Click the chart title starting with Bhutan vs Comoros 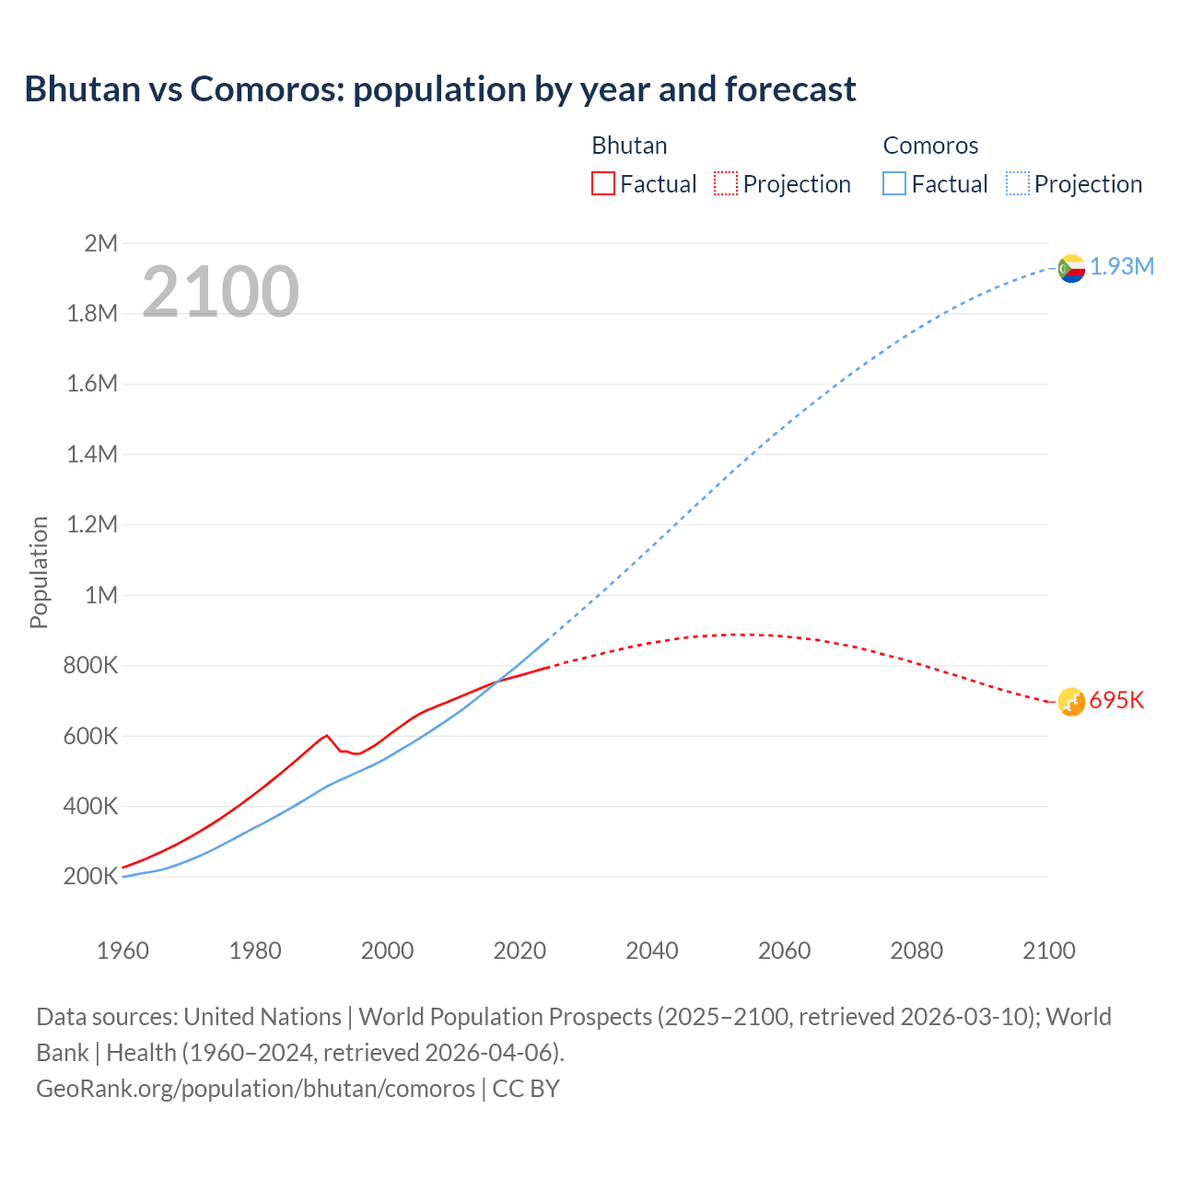[440, 89]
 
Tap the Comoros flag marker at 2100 [1071, 268]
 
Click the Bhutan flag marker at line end [1071, 702]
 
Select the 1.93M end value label [1122, 267]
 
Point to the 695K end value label [1116, 701]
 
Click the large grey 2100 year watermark [220, 292]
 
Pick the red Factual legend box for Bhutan [602, 183]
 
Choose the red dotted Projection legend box [726, 183]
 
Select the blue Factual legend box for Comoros [893, 183]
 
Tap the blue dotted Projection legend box [1017, 183]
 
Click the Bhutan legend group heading [629, 146]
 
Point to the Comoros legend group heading [930, 146]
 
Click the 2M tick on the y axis [101, 243]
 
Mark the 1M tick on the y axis [101, 595]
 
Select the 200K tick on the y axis [91, 876]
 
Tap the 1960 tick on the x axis [123, 951]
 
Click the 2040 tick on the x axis [652, 951]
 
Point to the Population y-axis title [39, 572]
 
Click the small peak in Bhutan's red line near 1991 [327, 735]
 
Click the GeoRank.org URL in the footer [255, 1089]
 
